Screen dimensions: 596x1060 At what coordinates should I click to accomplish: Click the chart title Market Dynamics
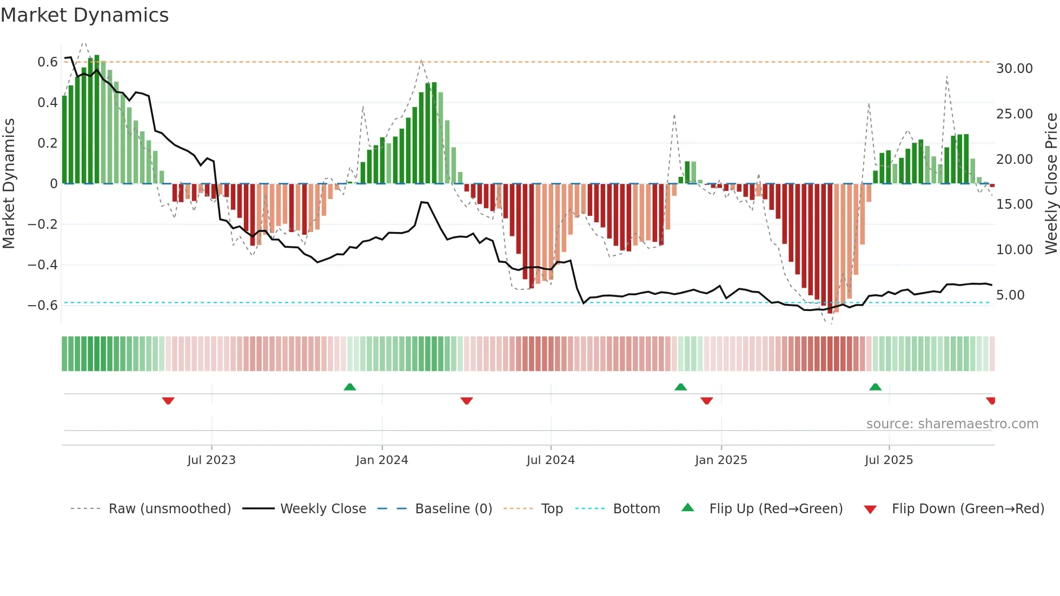coord(84,15)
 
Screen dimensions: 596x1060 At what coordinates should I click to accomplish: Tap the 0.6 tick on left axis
coord(48,62)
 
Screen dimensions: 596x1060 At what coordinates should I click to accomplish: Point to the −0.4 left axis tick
coord(43,265)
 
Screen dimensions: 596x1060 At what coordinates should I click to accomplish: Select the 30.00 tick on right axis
coord(1014,69)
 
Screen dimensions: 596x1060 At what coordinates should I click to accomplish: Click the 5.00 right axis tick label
coord(1010,295)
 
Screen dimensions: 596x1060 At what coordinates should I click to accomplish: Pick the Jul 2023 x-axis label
coord(211,460)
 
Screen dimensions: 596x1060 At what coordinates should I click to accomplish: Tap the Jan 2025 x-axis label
coord(721,460)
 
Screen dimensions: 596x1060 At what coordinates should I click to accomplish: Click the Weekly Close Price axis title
coord(1051,183)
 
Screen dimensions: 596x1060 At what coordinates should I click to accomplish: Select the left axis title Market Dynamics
coord(9,183)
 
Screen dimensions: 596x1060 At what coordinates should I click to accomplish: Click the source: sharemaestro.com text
coord(952,424)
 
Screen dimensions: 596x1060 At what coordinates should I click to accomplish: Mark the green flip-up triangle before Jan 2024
coord(350,387)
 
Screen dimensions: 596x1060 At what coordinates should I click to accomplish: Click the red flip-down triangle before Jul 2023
coord(168,401)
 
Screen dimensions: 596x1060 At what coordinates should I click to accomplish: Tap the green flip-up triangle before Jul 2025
coord(875,387)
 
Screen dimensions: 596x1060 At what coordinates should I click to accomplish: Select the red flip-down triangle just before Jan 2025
coord(706,401)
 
